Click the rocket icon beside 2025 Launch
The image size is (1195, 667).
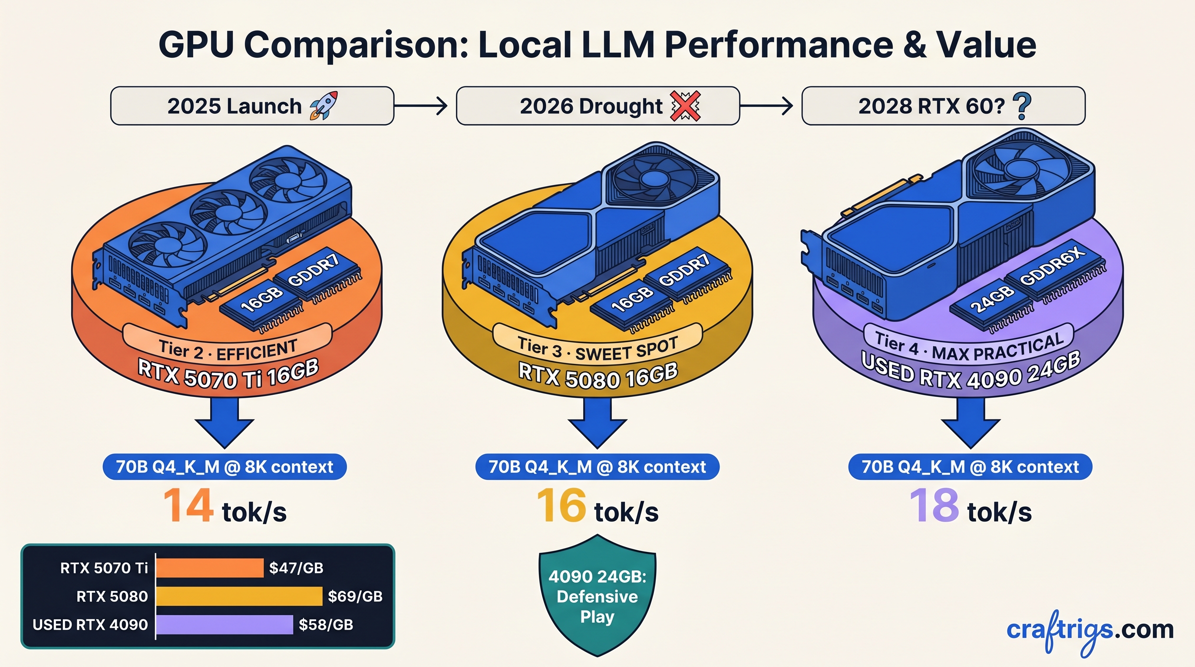324,106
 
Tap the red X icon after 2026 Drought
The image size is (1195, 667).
685,106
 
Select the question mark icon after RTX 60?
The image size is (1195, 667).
1023,106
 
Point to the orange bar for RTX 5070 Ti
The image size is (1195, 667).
210,568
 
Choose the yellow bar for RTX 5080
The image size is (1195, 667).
239,596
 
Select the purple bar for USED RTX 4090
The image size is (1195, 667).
224,624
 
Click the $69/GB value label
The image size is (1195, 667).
355,597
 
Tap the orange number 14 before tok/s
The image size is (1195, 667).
188,506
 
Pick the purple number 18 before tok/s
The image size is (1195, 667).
934,506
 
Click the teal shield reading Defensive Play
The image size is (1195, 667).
597,596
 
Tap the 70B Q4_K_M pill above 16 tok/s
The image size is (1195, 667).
597,467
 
